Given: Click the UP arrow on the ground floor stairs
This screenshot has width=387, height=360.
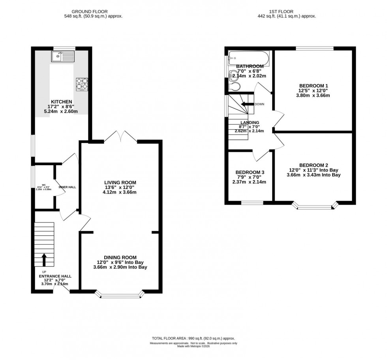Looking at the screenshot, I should (43, 260).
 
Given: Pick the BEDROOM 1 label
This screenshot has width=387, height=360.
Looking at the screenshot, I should (314, 86).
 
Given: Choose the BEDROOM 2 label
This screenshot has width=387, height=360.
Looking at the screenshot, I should (314, 165).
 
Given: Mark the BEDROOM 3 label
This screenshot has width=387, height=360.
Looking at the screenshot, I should (250, 172).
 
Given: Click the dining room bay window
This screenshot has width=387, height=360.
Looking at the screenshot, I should (120, 294).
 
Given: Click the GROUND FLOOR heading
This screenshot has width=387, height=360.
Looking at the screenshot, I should (93, 12).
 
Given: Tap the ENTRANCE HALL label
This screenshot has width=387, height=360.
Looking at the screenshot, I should (55, 276).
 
